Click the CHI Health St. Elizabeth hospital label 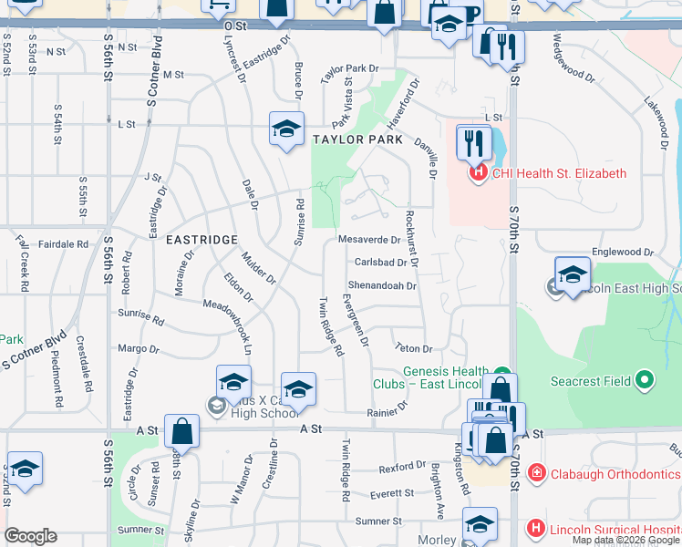(x=559, y=173)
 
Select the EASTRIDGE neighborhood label (x=201, y=239)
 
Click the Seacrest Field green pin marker (x=646, y=378)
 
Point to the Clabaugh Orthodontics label (x=612, y=472)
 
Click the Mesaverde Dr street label (x=368, y=241)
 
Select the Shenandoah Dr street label (x=383, y=285)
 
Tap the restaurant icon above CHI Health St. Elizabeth (x=472, y=143)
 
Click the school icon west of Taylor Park (x=285, y=129)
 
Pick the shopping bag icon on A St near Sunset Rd (x=182, y=434)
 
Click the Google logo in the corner (x=30, y=536)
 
